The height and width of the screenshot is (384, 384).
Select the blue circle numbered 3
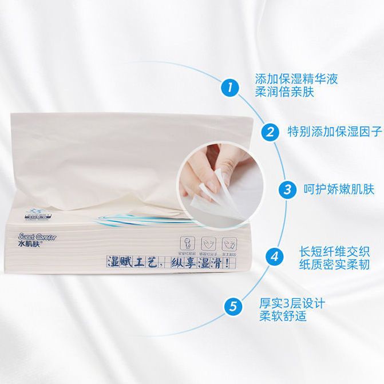[x=284, y=189]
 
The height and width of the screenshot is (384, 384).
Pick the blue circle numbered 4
[x=274, y=256]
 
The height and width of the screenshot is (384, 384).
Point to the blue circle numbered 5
[x=232, y=305]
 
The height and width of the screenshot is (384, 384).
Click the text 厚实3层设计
[x=291, y=303]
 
